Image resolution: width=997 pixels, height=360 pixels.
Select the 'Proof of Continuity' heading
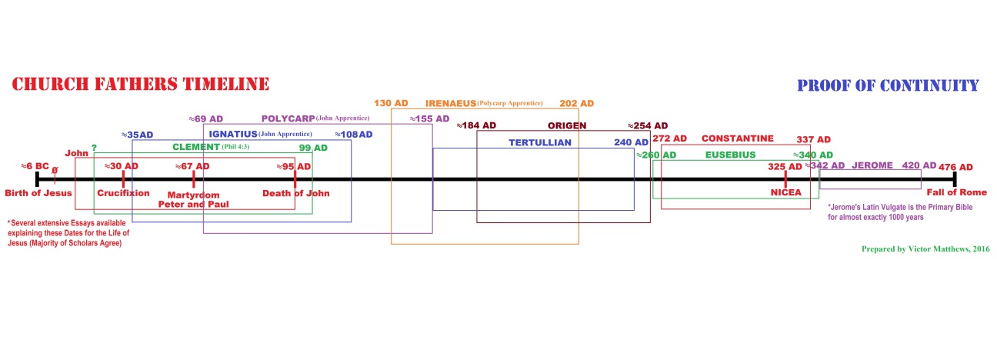pos(888,85)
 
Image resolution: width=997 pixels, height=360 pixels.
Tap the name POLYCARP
pos(288,119)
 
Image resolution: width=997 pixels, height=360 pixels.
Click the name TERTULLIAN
pos(539,142)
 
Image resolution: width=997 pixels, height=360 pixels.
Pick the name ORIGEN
pos(567,125)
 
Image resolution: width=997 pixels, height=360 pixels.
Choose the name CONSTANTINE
pos(737,138)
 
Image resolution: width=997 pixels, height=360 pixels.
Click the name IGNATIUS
pos(232,135)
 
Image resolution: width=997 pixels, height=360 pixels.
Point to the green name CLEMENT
pos(196,147)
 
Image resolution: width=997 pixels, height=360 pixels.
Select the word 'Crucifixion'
pos(123,193)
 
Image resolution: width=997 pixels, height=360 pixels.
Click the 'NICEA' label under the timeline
pos(786,192)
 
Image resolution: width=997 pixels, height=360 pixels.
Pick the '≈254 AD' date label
pos(648,125)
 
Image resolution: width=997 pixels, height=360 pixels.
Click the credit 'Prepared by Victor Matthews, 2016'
pos(925,248)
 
